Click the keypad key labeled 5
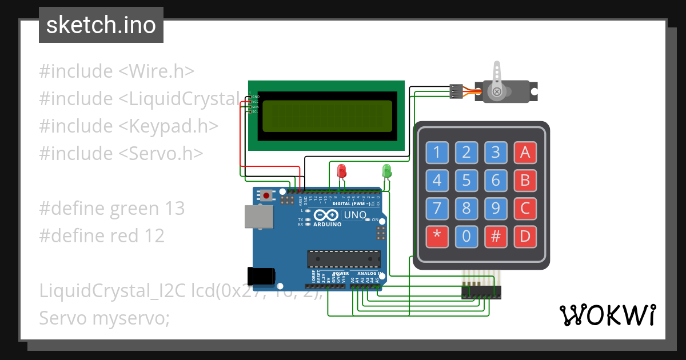pos(466,181)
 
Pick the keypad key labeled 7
pos(437,208)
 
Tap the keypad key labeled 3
pos(496,153)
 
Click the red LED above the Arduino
pos(342,170)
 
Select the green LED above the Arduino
pos(386,170)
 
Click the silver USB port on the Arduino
pos(259,217)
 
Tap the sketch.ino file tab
pos(101,25)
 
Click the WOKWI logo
pos(607,315)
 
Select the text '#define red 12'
pos(102,235)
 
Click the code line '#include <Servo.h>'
pos(121,153)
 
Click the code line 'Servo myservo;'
pos(105,318)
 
